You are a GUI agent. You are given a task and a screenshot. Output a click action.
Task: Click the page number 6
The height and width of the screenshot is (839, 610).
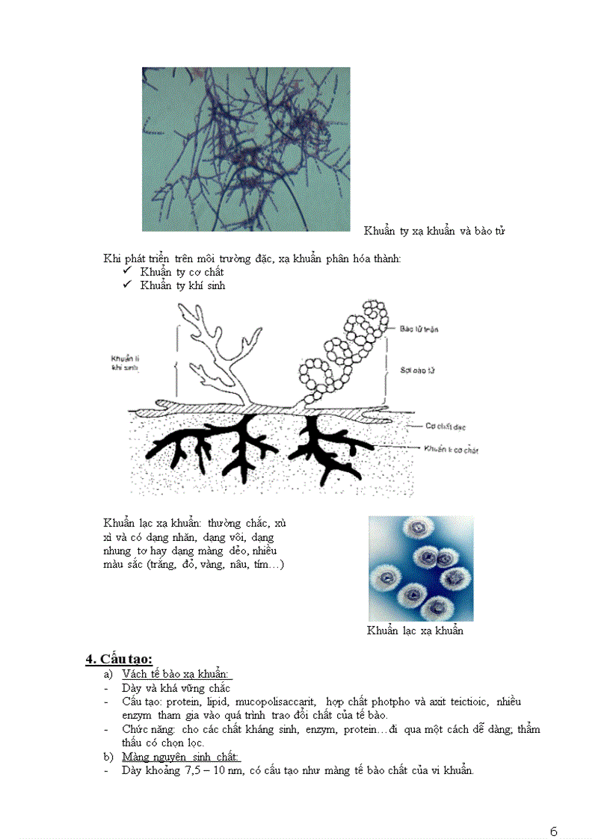tap(553, 811)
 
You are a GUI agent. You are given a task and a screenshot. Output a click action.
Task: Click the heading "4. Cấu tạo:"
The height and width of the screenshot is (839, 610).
tap(119, 658)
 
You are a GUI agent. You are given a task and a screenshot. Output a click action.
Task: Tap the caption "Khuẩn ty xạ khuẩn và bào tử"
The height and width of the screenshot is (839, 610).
tap(434, 231)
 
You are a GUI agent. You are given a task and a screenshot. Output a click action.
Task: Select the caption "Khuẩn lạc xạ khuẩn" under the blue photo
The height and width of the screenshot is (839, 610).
tap(415, 631)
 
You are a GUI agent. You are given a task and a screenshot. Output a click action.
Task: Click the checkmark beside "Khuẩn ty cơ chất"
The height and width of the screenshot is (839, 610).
tap(127, 272)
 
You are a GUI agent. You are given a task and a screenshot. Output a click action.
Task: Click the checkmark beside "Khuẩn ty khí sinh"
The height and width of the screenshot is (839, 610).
tap(127, 285)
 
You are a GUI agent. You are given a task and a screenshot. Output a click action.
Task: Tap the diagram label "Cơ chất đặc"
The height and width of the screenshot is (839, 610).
tap(446, 425)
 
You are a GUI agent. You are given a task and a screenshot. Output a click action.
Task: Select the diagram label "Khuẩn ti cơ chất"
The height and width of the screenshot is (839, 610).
tap(451, 450)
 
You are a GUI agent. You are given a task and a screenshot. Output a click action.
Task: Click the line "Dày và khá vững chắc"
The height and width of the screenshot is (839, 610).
tap(176, 688)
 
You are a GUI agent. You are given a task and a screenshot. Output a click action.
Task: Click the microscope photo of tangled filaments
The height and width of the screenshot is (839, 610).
tap(246, 149)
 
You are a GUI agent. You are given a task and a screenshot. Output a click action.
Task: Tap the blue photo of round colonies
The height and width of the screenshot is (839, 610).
tap(420, 569)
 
